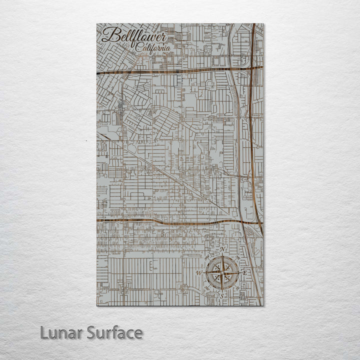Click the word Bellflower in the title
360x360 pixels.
129,36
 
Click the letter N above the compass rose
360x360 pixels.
222,249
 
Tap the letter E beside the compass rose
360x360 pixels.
244,272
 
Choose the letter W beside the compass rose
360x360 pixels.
198,273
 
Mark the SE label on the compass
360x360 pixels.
237,288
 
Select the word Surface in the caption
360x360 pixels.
114,332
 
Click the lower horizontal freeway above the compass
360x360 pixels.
165,221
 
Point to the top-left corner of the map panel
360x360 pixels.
97,24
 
